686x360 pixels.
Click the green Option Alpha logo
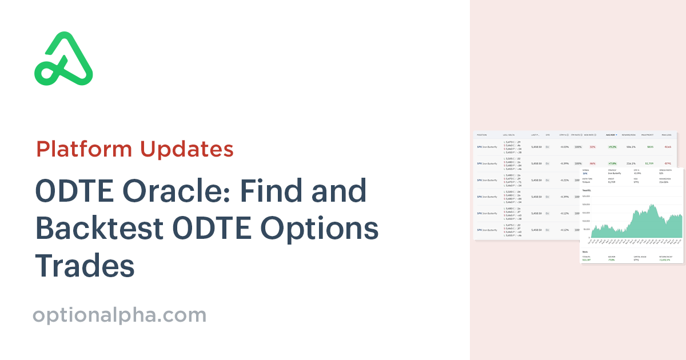63,59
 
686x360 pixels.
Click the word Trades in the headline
85,266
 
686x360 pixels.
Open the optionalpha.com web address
119,315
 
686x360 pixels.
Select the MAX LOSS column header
667,135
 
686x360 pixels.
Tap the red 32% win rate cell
592,147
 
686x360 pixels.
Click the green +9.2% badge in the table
612,147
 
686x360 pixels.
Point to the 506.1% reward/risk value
631,147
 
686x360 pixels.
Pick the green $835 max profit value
650,147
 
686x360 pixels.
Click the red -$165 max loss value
667,147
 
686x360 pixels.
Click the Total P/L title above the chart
587,190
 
